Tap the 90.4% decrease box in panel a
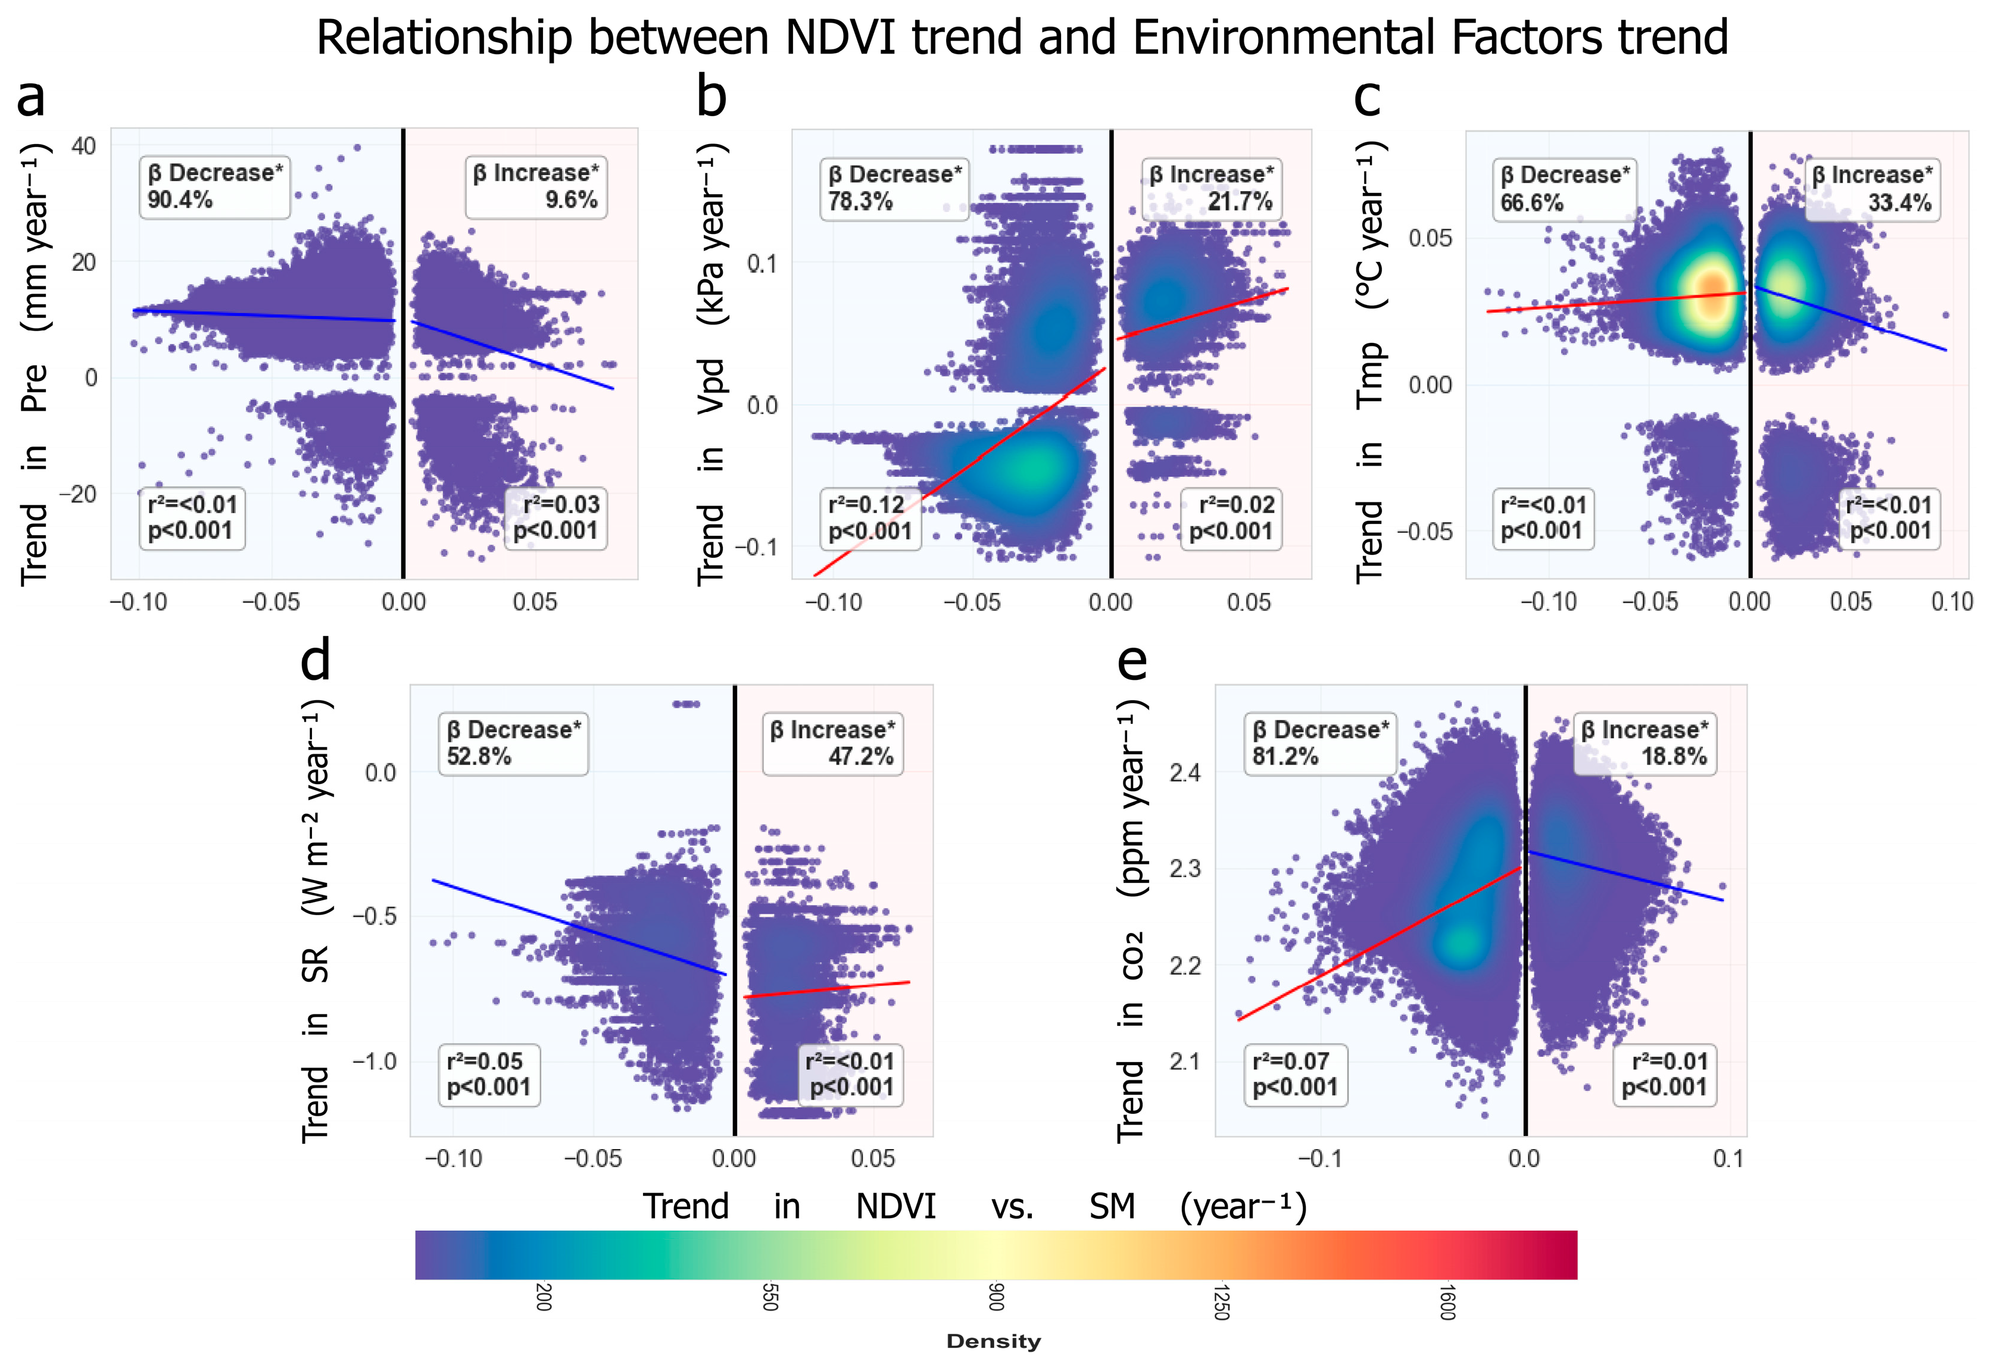coord(214,186)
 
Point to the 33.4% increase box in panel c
coord(1872,189)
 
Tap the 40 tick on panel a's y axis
coord(83,146)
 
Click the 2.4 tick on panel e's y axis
coord(1184,773)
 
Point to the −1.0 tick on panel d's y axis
coord(374,1062)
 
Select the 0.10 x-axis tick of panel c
coord(1951,601)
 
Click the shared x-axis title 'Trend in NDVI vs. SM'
coord(975,1207)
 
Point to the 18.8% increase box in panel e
coord(1644,743)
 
